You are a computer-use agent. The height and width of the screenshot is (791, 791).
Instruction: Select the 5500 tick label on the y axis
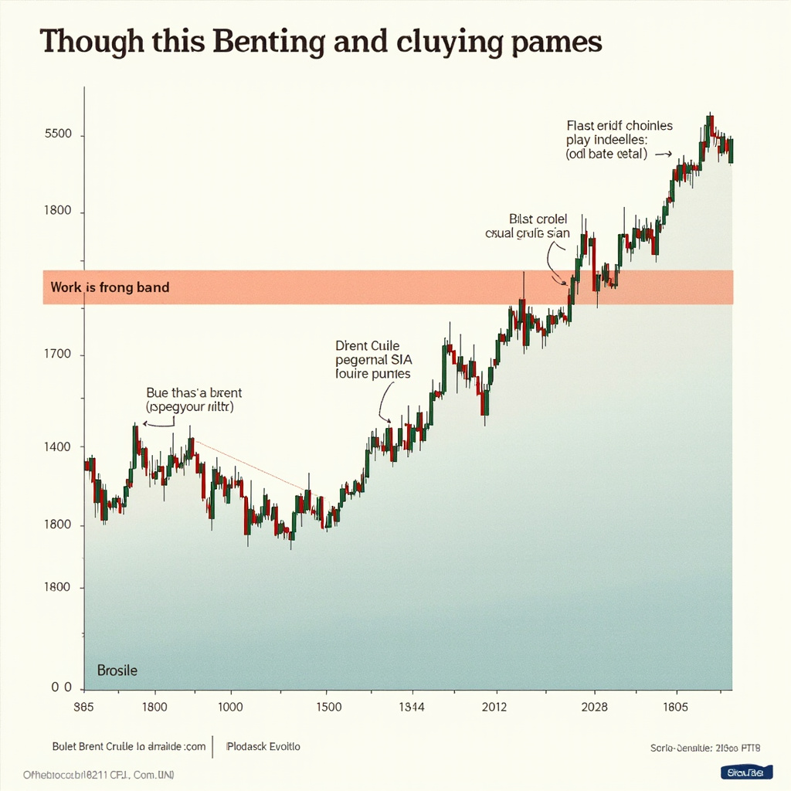pos(58,134)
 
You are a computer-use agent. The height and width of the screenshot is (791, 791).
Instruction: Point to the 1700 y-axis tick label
pos(57,355)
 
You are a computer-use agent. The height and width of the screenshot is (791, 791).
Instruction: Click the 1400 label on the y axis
pos(57,446)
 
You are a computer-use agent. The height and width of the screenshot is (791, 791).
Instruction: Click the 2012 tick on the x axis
pos(494,707)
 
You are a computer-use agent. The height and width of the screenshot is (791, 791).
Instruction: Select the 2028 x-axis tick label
pos(593,707)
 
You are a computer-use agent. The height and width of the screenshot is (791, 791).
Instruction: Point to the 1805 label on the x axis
pos(675,707)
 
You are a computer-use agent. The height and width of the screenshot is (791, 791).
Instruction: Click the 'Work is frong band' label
pos(110,287)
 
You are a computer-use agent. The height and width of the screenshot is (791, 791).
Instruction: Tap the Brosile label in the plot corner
pos(117,670)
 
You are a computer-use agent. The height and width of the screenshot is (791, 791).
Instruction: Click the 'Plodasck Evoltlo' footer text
pos(263,747)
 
